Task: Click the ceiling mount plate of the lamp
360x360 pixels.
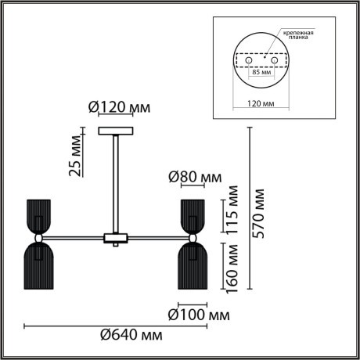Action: click(115, 131)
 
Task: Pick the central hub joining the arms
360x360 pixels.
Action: click(115, 236)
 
